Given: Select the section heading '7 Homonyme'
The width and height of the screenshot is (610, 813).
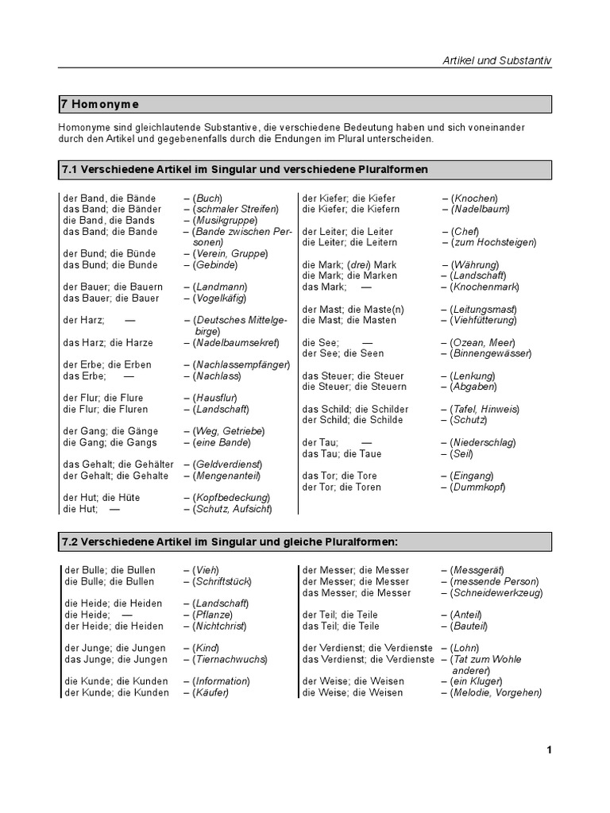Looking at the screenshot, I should point(99,104).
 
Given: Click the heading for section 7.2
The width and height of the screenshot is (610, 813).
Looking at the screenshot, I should point(229,541).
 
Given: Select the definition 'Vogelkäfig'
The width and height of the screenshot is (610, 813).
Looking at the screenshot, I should point(219,298).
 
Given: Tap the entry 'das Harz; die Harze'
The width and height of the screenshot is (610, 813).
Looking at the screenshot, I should point(108,342).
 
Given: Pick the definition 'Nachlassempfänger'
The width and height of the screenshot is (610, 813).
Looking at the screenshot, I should point(236,364).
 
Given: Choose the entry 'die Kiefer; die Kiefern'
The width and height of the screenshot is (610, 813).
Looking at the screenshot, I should point(350,209).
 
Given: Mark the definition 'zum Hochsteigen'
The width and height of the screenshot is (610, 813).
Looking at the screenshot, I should point(493,242).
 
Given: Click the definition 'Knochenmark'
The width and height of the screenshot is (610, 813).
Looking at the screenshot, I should point(483,287).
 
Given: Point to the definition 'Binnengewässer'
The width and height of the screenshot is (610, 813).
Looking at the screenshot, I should point(490,353).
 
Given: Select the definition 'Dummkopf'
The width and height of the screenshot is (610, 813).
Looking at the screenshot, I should point(477,487).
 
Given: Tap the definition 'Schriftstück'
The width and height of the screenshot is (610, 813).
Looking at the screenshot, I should point(222,581).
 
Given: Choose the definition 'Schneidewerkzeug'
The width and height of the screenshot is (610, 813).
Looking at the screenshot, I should point(496,592).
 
